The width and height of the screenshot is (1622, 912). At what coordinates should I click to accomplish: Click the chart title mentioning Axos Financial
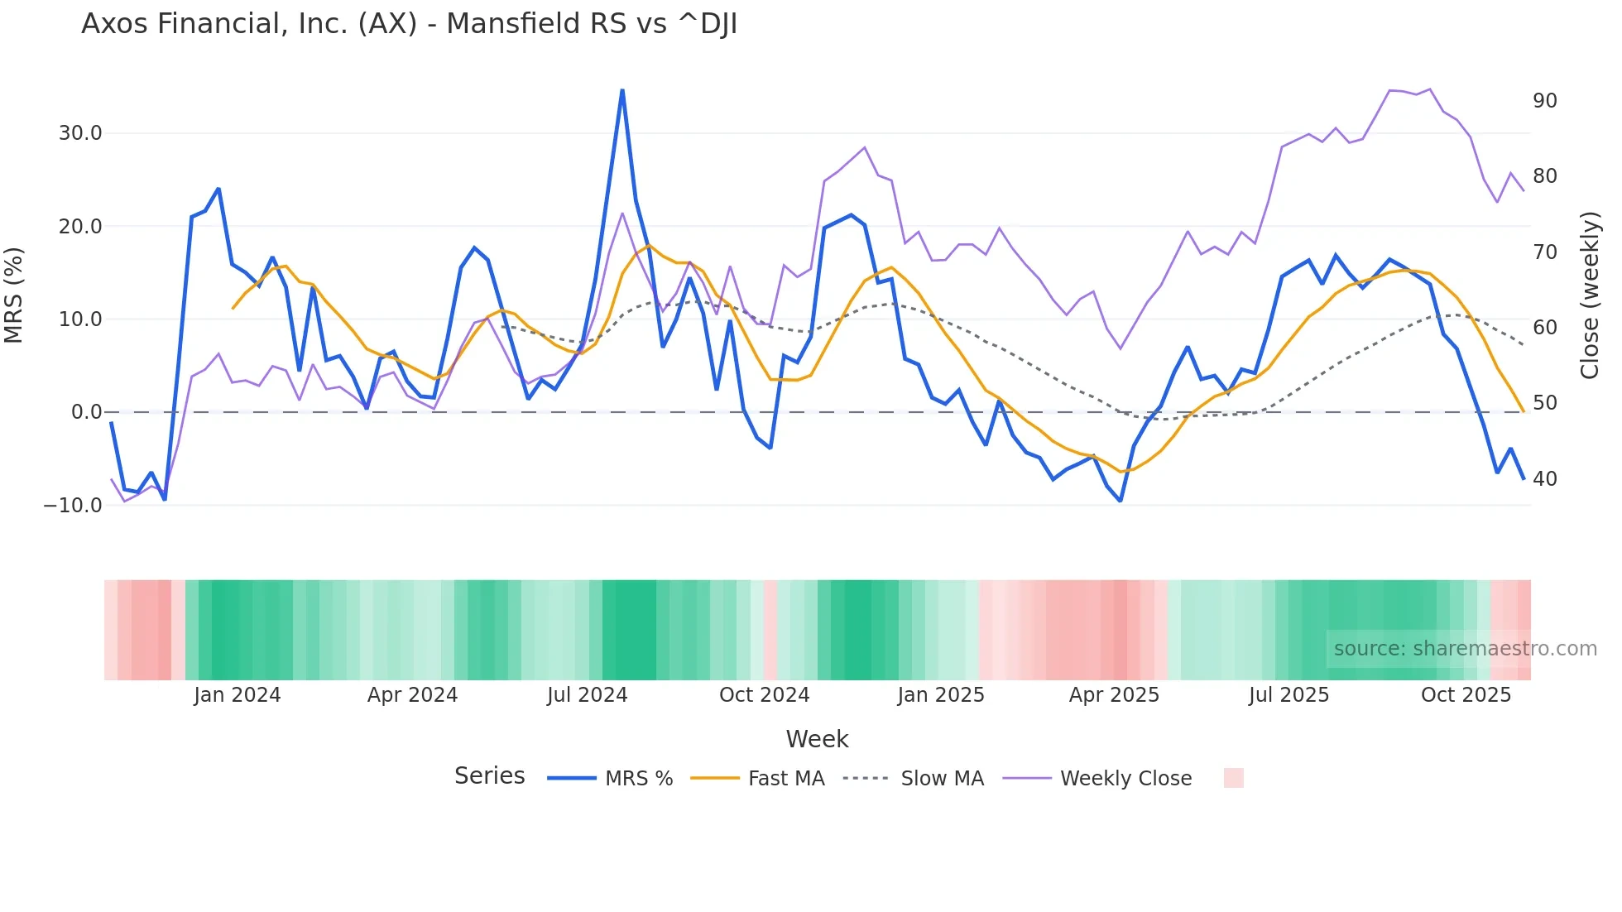[x=409, y=24]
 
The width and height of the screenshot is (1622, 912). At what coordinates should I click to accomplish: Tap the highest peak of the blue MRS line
[x=622, y=91]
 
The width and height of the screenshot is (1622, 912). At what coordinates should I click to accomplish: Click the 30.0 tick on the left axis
[x=80, y=133]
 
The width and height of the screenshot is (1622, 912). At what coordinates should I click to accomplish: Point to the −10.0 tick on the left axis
[x=73, y=505]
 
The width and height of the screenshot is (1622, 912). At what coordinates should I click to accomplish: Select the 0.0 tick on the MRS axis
[x=86, y=412]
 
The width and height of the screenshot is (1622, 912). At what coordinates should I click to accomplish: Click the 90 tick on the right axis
[x=1544, y=101]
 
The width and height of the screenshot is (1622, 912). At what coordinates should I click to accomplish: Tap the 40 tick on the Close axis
[x=1544, y=479]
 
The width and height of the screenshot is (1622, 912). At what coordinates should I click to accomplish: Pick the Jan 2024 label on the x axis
[x=238, y=695]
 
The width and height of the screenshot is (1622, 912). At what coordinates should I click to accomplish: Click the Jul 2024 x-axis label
[x=588, y=695]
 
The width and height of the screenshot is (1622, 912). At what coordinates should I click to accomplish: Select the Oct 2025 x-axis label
[x=1466, y=695]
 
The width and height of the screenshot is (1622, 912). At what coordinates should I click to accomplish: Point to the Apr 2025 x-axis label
[x=1114, y=695]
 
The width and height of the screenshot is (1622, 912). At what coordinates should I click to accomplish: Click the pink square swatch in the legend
[x=1233, y=778]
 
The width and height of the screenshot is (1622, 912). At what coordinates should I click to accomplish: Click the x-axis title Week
[x=817, y=739]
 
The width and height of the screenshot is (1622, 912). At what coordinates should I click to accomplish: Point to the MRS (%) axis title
[x=14, y=295]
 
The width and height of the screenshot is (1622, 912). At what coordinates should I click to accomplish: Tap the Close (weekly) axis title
[x=1589, y=295]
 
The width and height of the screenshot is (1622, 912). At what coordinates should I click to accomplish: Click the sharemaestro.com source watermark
[x=1465, y=649]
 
